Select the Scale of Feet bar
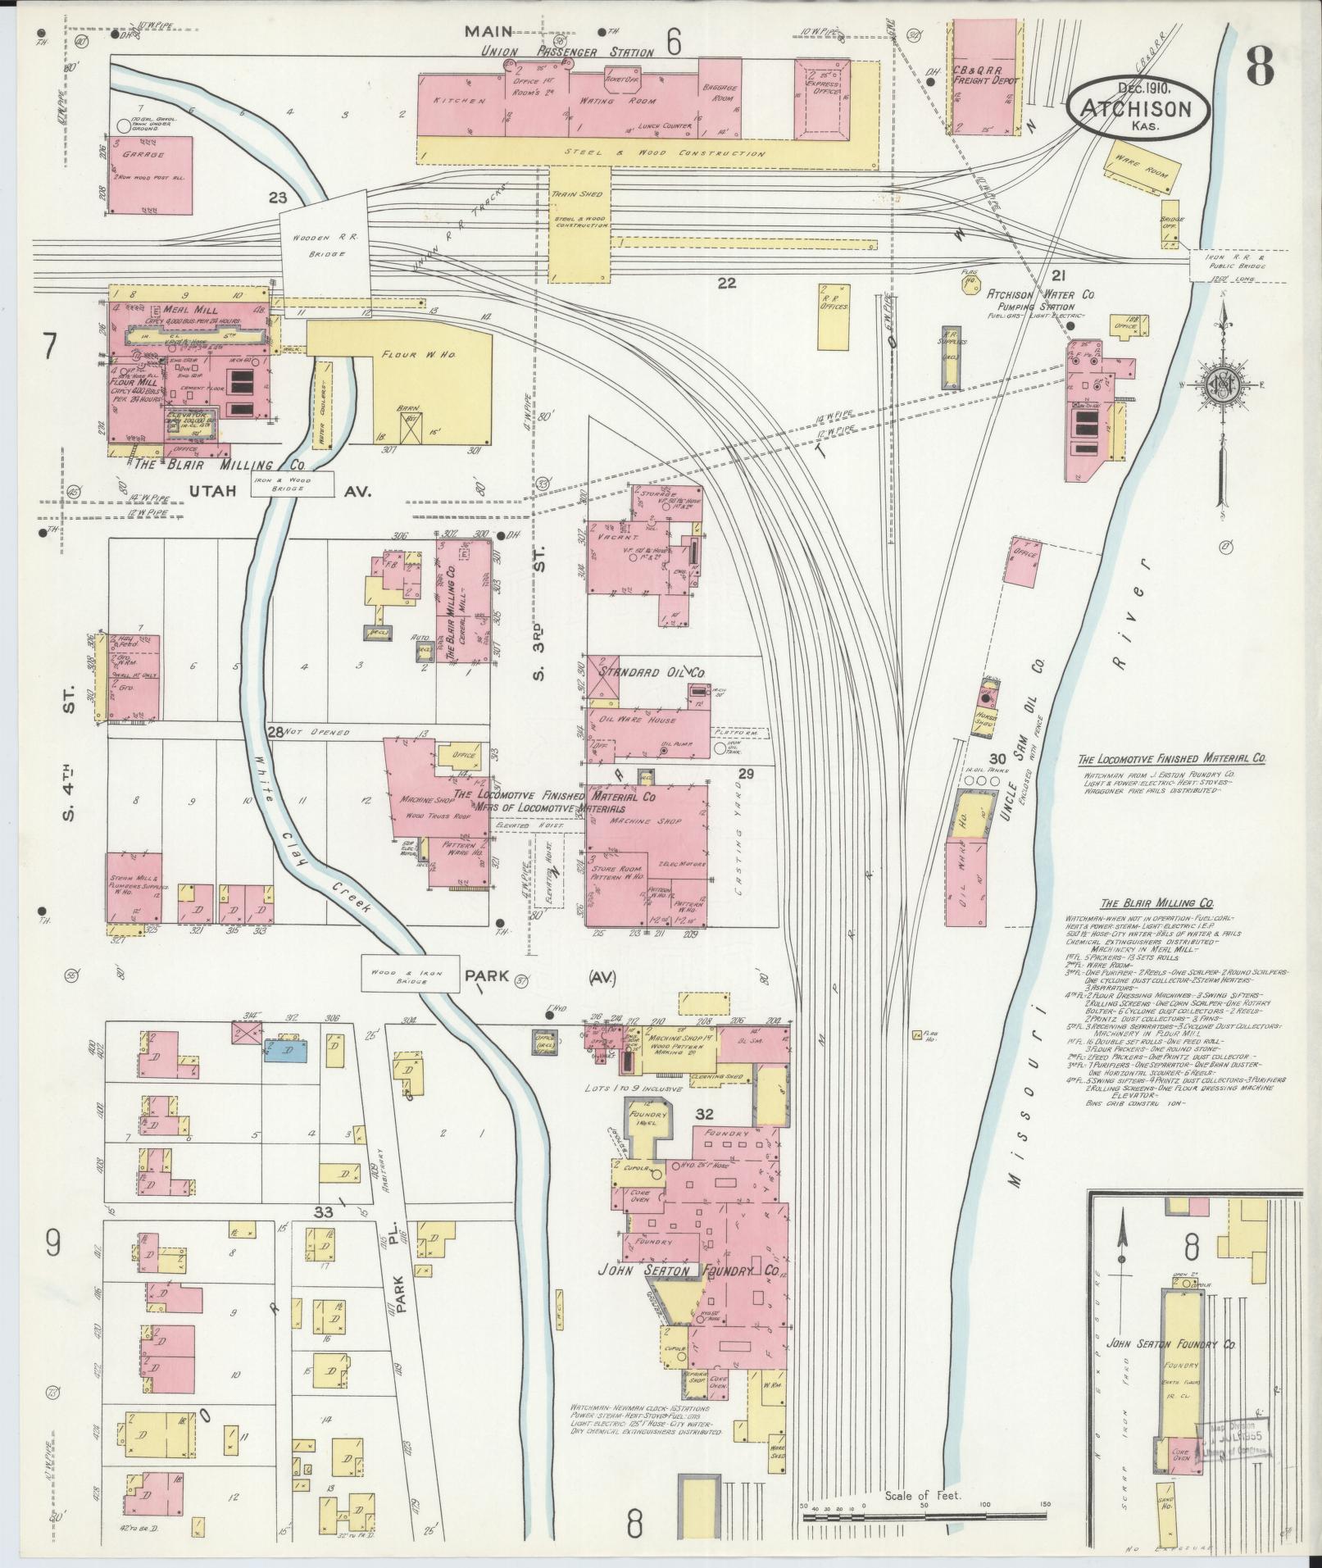pyautogui.click(x=924, y=1516)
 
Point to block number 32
pyautogui.click(x=702, y=1114)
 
